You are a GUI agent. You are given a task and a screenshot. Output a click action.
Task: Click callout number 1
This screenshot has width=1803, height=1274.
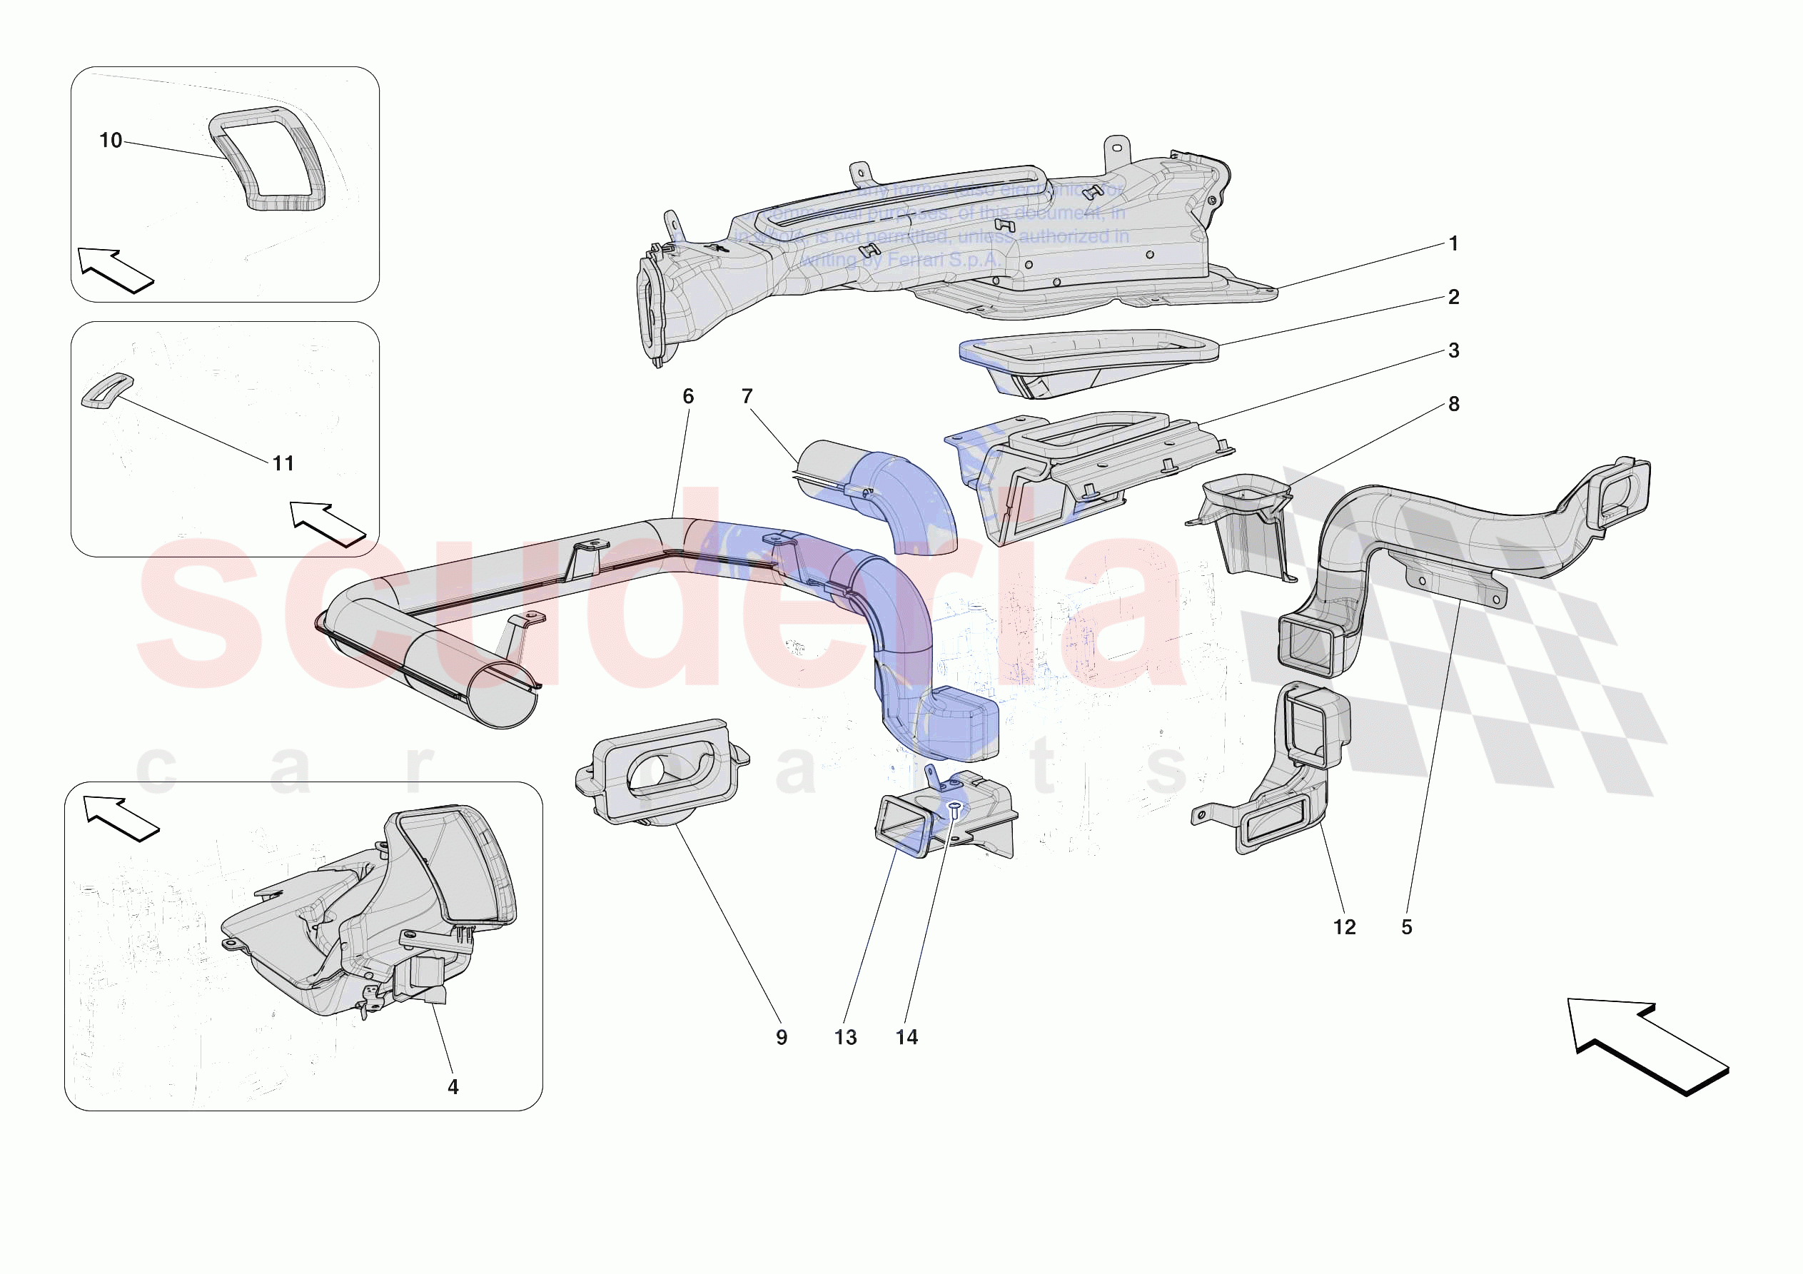[1453, 243]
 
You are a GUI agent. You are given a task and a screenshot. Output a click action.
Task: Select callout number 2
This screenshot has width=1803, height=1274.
[1453, 297]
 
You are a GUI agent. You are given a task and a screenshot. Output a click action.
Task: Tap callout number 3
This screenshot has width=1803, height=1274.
[1453, 350]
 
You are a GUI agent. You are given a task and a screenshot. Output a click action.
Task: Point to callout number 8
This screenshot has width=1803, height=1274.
[1453, 404]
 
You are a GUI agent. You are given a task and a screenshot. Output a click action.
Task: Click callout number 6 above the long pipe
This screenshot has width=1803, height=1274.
[688, 396]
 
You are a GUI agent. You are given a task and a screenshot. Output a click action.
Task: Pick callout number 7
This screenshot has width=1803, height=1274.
[747, 396]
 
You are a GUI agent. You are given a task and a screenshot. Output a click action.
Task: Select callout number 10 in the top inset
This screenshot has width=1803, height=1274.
[111, 141]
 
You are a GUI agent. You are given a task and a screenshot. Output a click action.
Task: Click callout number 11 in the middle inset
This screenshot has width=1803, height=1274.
[283, 463]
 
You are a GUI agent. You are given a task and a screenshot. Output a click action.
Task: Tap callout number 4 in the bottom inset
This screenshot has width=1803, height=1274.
[453, 1086]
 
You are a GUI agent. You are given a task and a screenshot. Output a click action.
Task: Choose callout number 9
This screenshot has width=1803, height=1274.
[782, 1037]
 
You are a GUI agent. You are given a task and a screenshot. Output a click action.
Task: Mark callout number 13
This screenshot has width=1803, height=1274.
[845, 1037]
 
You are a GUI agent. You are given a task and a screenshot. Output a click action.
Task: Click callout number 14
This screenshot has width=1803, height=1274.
[906, 1037]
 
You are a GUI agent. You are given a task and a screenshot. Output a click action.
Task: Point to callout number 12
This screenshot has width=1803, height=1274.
[1344, 927]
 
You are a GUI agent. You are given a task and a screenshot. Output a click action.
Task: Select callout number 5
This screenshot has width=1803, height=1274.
[1406, 927]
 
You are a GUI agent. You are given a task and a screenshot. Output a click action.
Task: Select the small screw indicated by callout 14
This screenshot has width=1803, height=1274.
[955, 810]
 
